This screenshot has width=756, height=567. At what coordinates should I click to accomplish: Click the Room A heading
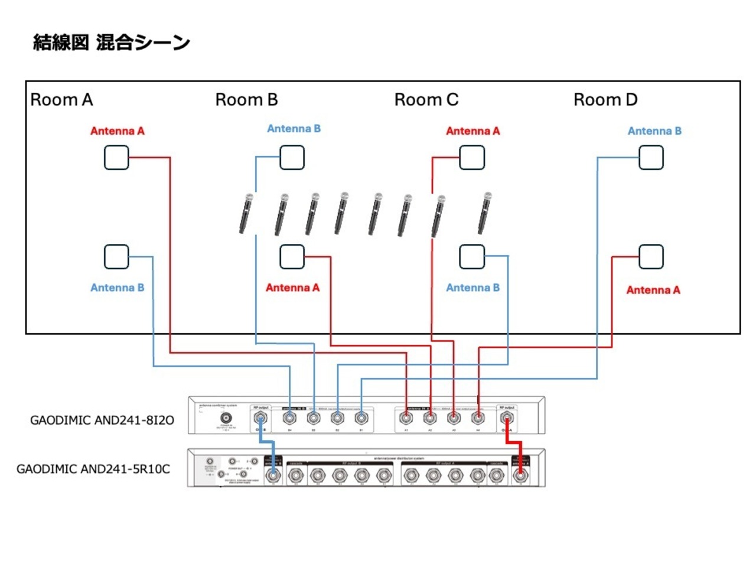coord(61,100)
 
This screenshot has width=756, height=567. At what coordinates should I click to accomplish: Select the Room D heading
coord(605,100)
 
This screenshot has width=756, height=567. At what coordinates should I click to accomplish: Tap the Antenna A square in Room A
coord(116,158)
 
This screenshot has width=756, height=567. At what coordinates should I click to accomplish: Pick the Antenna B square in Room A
coord(116,256)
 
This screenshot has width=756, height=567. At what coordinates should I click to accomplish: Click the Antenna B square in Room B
coord(292,158)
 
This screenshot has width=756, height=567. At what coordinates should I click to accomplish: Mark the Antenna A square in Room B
coord(292,256)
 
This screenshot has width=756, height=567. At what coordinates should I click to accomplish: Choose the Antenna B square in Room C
coord(471,256)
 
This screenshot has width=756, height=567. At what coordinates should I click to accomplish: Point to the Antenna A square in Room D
coord(651,256)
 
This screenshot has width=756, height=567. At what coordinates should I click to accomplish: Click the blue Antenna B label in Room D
coord(654,131)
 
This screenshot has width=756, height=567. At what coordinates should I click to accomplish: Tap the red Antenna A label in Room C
coord(472,131)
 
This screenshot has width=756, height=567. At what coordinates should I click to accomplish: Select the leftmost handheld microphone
coord(246,213)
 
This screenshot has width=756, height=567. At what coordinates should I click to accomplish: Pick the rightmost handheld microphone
coord(485,213)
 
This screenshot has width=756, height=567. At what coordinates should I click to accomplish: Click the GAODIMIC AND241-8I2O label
coord(102,421)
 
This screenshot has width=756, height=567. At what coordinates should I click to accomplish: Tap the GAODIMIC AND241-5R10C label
coord(93,469)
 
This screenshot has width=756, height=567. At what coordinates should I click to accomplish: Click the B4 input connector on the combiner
coord(289,418)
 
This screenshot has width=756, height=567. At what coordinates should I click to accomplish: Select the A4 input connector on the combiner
coord(478,418)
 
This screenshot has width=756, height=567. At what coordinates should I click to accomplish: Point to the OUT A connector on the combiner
coord(506,418)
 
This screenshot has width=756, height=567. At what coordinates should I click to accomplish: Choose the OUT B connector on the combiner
coord(260,418)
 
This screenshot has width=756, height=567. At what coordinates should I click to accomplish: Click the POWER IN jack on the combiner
coord(226,418)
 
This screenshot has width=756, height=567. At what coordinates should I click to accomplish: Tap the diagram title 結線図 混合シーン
coord(111,43)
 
